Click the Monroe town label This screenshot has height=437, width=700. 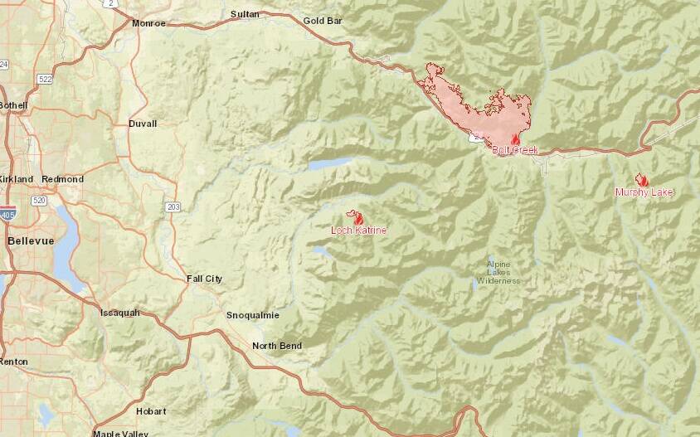(x=149, y=23)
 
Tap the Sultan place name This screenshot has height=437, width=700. (x=245, y=14)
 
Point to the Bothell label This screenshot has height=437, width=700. (x=12, y=105)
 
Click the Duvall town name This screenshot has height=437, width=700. (x=143, y=124)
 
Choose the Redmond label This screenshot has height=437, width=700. (x=62, y=179)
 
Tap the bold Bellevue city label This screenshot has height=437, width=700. (x=30, y=240)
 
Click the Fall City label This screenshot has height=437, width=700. (x=204, y=279)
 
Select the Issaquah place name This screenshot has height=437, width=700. (x=119, y=313)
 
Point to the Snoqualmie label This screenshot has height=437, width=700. (x=253, y=315)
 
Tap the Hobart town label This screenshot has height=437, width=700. (x=152, y=410)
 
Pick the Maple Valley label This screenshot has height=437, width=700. (x=119, y=433)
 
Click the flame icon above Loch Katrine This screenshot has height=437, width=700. (x=358, y=218)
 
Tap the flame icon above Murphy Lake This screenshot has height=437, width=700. (x=641, y=180)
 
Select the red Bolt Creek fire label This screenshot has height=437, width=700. (x=515, y=150)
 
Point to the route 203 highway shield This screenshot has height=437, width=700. (x=173, y=206)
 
